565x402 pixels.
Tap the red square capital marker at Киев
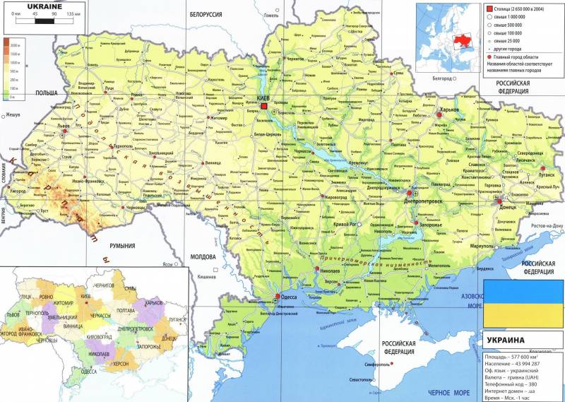pyautogui.click(x=264, y=106)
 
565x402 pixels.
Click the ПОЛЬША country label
pyautogui.click(x=47, y=93)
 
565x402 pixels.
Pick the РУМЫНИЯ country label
pyautogui.click(x=121, y=246)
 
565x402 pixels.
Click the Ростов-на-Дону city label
pyautogui.click(x=547, y=225)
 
